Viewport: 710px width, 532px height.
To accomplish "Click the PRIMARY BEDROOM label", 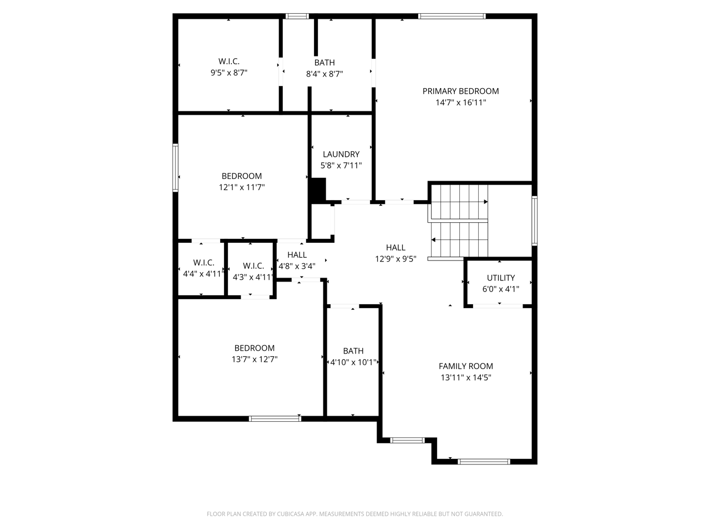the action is pyautogui.click(x=460, y=91).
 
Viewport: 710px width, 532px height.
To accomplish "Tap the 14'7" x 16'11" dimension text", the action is pyautogui.click(x=460, y=103).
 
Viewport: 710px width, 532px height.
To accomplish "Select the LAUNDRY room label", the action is pyautogui.click(x=341, y=155).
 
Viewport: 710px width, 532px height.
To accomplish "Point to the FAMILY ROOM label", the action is pyautogui.click(x=466, y=366).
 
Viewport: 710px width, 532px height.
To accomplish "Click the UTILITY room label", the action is pyautogui.click(x=501, y=278).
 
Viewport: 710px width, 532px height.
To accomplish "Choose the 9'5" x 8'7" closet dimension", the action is pyautogui.click(x=229, y=73).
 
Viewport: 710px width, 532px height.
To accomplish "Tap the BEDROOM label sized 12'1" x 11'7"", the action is pyautogui.click(x=242, y=176).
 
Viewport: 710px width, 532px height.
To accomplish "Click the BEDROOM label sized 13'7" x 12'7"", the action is pyautogui.click(x=255, y=348).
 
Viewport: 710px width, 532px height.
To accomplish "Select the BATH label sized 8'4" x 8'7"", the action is pyautogui.click(x=324, y=63).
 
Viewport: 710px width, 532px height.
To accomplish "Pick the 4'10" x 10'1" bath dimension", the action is pyautogui.click(x=353, y=362).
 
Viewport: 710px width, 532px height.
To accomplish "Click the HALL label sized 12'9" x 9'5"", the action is pyautogui.click(x=395, y=248).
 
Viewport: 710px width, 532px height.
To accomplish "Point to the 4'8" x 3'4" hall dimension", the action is pyautogui.click(x=297, y=266).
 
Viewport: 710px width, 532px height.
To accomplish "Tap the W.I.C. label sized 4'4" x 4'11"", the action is pyautogui.click(x=204, y=263).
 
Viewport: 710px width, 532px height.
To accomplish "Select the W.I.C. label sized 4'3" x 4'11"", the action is pyautogui.click(x=253, y=266).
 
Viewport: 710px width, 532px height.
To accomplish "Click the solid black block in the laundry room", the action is pyautogui.click(x=318, y=191).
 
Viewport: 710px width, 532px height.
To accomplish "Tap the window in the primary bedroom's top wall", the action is pyautogui.click(x=452, y=16).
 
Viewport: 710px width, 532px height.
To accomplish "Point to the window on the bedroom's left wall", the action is pyautogui.click(x=175, y=168).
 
